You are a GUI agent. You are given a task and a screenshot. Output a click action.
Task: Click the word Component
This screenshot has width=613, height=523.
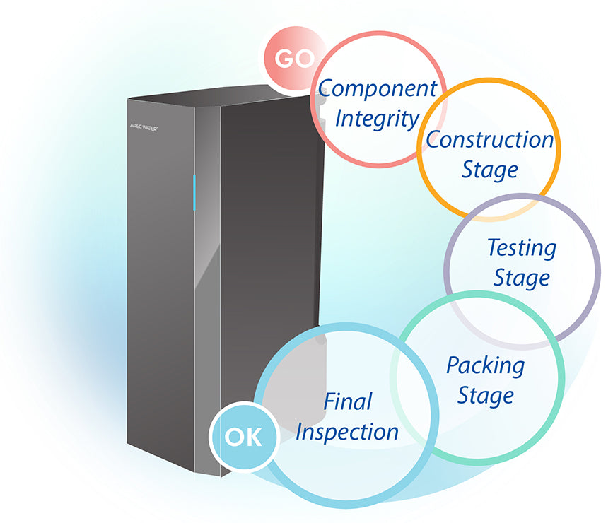click(377, 88)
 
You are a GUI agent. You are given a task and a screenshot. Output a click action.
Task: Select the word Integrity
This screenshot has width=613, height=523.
click(377, 118)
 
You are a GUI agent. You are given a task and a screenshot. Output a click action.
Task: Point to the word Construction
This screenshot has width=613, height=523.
click(489, 140)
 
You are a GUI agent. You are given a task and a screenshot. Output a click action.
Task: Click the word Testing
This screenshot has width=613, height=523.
click(522, 248)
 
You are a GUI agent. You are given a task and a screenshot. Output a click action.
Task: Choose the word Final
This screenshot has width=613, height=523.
click(347, 401)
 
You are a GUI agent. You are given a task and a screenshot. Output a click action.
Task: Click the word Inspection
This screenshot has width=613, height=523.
click(346, 431)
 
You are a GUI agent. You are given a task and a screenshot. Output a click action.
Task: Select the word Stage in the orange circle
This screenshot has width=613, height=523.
click(489, 170)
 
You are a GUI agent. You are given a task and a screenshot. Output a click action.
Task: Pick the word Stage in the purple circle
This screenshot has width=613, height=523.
click(521, 278)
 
